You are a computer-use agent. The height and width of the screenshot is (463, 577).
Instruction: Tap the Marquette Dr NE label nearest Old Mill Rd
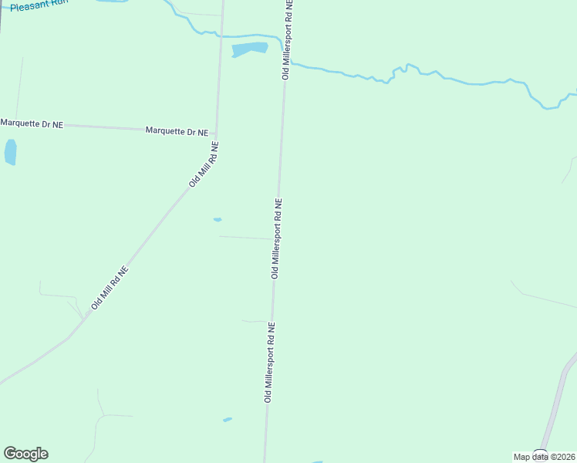177,132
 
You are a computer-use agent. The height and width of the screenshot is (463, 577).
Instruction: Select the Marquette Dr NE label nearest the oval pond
32,123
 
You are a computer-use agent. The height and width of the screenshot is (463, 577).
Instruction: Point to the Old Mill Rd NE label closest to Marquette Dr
204,164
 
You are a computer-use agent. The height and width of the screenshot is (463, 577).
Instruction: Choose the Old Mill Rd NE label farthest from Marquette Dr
109,288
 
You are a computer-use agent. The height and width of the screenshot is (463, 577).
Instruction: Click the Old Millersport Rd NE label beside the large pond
287,39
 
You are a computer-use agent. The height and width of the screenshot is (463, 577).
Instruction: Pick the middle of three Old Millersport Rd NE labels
276,238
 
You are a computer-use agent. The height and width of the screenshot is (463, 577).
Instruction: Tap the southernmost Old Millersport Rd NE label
269,362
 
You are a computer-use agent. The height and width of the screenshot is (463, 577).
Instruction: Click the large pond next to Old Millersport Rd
249,49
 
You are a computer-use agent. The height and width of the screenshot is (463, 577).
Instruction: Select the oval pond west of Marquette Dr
10,152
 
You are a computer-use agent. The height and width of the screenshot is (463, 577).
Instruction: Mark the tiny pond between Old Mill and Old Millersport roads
218,220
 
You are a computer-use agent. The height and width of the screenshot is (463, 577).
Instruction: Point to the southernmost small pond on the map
228,420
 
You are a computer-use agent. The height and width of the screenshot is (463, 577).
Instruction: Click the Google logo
25,454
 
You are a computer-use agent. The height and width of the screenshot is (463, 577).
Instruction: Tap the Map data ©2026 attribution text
544,457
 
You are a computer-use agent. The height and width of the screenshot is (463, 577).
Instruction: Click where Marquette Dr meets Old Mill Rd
216,132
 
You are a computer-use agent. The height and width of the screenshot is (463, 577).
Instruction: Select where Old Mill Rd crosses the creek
221,35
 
